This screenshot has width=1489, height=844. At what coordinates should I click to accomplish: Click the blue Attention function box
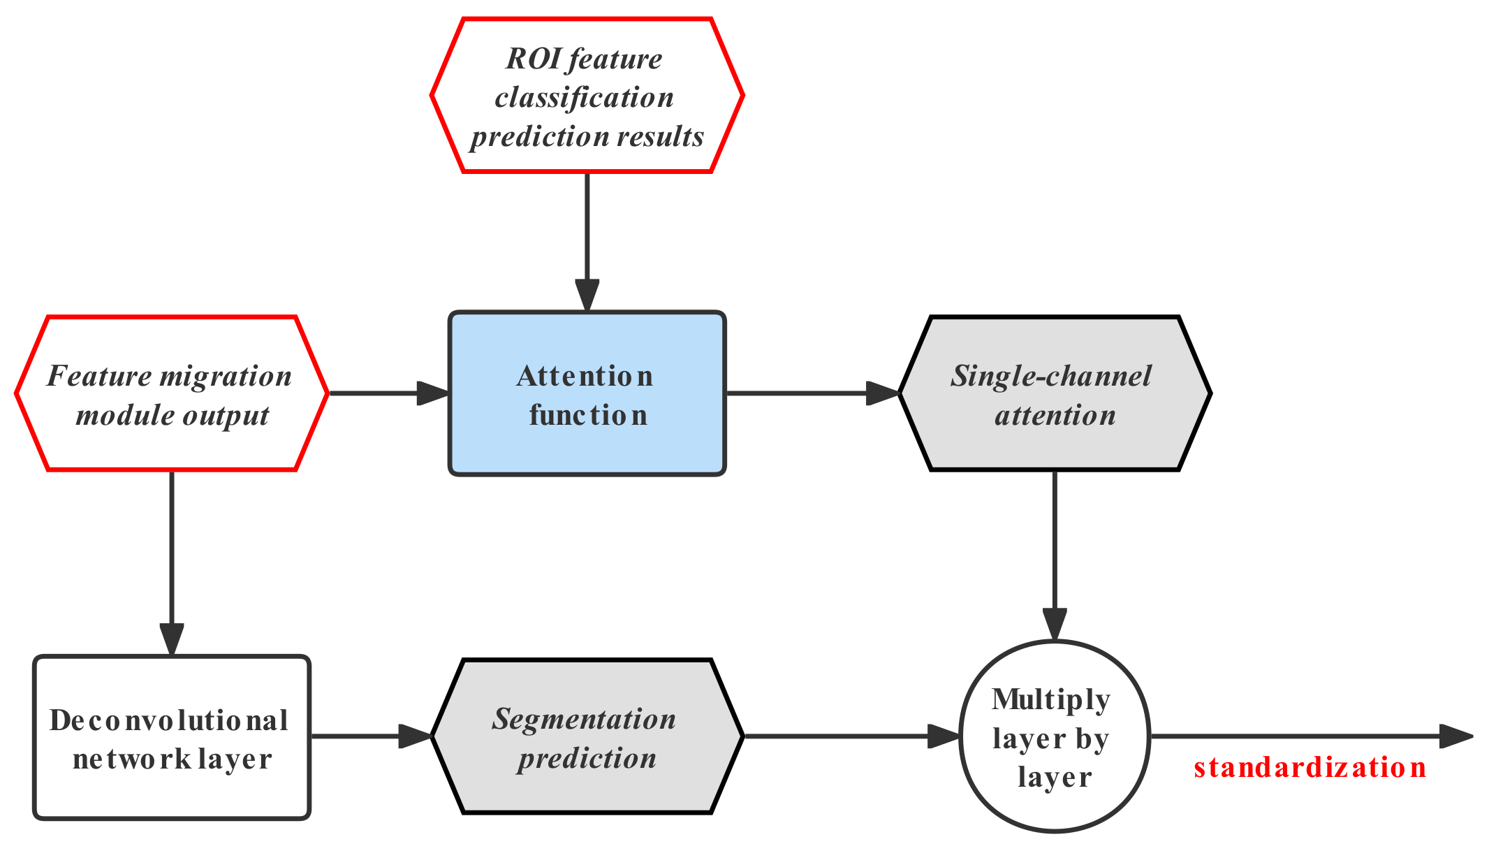(587, 394)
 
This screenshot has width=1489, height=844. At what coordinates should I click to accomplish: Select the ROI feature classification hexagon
(587, 95)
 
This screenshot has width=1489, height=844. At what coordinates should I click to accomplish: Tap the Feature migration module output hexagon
(171, 394)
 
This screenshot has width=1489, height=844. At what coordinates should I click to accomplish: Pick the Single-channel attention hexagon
(1053, 394)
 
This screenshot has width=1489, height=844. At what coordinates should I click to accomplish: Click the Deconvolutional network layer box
(171, 737)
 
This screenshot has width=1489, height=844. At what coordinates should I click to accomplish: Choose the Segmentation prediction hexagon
(587, 737)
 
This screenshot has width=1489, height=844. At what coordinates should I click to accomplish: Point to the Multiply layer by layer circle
(1053, 737)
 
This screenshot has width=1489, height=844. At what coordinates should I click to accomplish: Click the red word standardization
(1310, 768)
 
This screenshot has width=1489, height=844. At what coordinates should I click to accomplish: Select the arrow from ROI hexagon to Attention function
(587, 238)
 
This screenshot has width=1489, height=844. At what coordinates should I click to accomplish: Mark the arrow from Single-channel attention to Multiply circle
(1053, 552)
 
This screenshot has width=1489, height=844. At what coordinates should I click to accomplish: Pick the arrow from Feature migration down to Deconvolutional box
(171, 559)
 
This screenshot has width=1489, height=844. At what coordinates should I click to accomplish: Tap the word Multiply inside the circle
(1050, 699)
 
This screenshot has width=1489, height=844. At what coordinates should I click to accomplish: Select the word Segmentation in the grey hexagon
(584, 719)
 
